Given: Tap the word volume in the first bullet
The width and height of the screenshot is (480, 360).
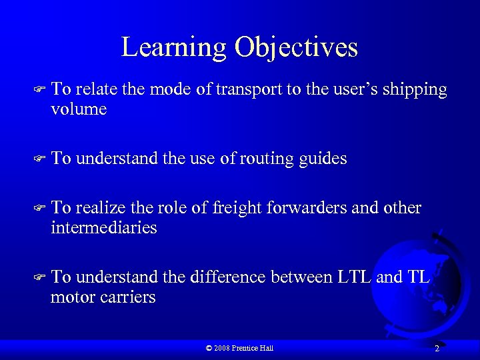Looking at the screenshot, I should (x=79, y=109).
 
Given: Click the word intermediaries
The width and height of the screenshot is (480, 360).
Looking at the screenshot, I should (x=104, y=228).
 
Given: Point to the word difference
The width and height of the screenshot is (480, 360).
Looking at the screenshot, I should (x=229, y=277).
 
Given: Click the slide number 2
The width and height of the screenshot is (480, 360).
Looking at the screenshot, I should (x=437, y=349).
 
